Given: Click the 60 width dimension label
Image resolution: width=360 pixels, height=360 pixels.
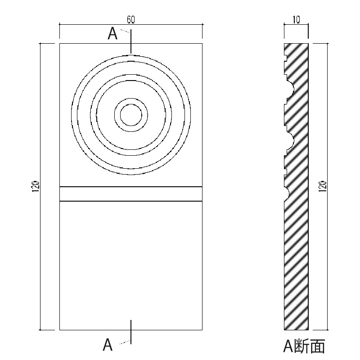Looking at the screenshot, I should (130, 19).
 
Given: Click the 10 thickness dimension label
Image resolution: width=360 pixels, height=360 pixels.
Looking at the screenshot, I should (296, 19).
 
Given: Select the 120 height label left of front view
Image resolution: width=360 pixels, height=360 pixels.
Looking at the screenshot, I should (36, 186).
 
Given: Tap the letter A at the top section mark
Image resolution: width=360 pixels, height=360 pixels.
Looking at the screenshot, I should (113, 34).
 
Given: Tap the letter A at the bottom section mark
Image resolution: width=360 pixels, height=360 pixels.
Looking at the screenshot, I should (108, 345).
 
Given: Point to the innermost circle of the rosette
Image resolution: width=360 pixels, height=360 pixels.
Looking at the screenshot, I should (130, 115).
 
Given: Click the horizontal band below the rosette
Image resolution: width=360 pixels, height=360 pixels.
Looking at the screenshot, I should (130, 193).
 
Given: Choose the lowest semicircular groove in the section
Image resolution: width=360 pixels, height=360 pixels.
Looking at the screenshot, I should (287, 193).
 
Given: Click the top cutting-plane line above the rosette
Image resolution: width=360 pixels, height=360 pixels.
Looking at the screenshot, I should (131, 43).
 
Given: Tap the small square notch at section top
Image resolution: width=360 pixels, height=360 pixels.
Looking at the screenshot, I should (285, 56).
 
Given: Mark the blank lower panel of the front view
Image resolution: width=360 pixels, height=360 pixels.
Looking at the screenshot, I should (130, 265).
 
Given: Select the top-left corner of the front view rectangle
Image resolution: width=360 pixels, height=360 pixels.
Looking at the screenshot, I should (60, 44).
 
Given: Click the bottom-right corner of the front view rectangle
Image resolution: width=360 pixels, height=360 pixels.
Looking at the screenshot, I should (201, 330).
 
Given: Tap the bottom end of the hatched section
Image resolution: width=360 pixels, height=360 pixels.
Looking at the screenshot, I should (296, 328).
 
